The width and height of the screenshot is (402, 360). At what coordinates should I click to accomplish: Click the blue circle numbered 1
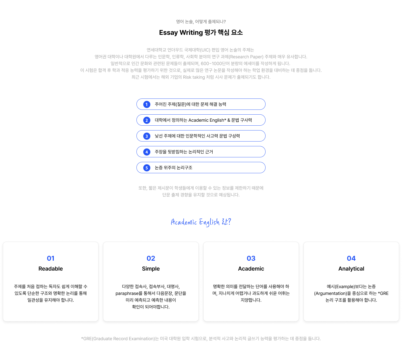(146, 104)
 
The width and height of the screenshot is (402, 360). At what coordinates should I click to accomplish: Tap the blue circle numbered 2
(146, 120)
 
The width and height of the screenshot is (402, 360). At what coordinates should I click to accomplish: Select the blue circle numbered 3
(146, 136)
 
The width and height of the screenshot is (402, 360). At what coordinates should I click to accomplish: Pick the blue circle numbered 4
(146, 152)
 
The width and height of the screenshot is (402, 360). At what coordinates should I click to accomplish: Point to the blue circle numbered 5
(146, 168)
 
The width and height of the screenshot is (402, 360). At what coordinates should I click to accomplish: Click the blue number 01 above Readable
(51, 258)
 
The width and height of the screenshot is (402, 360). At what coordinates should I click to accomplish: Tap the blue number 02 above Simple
(151, 258)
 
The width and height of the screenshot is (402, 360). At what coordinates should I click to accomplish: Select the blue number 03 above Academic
(251, 258)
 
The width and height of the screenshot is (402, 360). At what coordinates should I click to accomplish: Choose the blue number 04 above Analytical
(351, 258)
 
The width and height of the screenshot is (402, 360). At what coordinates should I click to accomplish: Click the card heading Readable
(51, 269)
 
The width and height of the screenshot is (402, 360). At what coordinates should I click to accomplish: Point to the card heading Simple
(151, 269)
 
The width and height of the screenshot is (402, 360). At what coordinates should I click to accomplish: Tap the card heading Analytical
(351, 269)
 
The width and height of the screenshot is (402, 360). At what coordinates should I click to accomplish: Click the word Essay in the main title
(168, 33)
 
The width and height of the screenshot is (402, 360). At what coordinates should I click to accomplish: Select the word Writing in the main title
(191, 33)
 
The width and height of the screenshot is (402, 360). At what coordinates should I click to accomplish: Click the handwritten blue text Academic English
(195, 222)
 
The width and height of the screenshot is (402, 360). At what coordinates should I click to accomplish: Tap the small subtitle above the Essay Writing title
(201, 22)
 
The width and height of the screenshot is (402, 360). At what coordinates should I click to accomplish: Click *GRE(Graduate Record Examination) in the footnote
(118, 338)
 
